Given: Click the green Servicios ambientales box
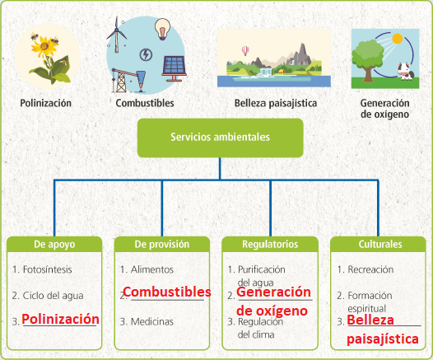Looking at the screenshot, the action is point(220,138).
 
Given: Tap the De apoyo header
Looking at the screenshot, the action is point(54,244).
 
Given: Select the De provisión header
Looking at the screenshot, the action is point(162,244).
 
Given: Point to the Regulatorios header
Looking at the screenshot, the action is point(270,244).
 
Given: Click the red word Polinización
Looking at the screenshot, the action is point(60,319).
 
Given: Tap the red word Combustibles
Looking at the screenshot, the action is point(167,292).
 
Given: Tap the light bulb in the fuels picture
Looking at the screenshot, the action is point(162,29).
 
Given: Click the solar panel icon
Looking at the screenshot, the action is point(174,68).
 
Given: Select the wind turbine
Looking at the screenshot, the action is point(117,35).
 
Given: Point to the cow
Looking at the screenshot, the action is point(405,72).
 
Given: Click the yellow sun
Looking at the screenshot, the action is point(397,39).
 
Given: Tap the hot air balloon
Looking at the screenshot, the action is point(245,51).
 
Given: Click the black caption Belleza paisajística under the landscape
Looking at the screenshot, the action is point(276,103).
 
